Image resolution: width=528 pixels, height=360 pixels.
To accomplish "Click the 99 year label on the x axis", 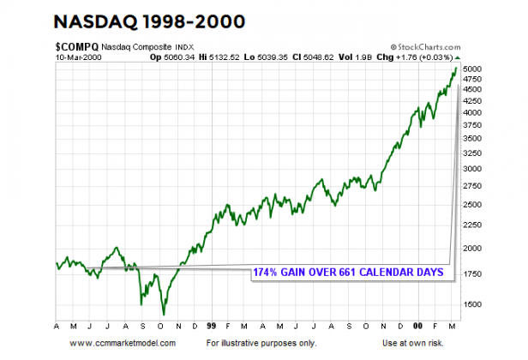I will click(x=211, y=327).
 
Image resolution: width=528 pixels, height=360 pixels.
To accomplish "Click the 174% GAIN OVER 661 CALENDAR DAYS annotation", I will click(x=347, y=272).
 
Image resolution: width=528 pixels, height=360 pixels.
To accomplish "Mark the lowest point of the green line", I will click(x=163, y=314).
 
